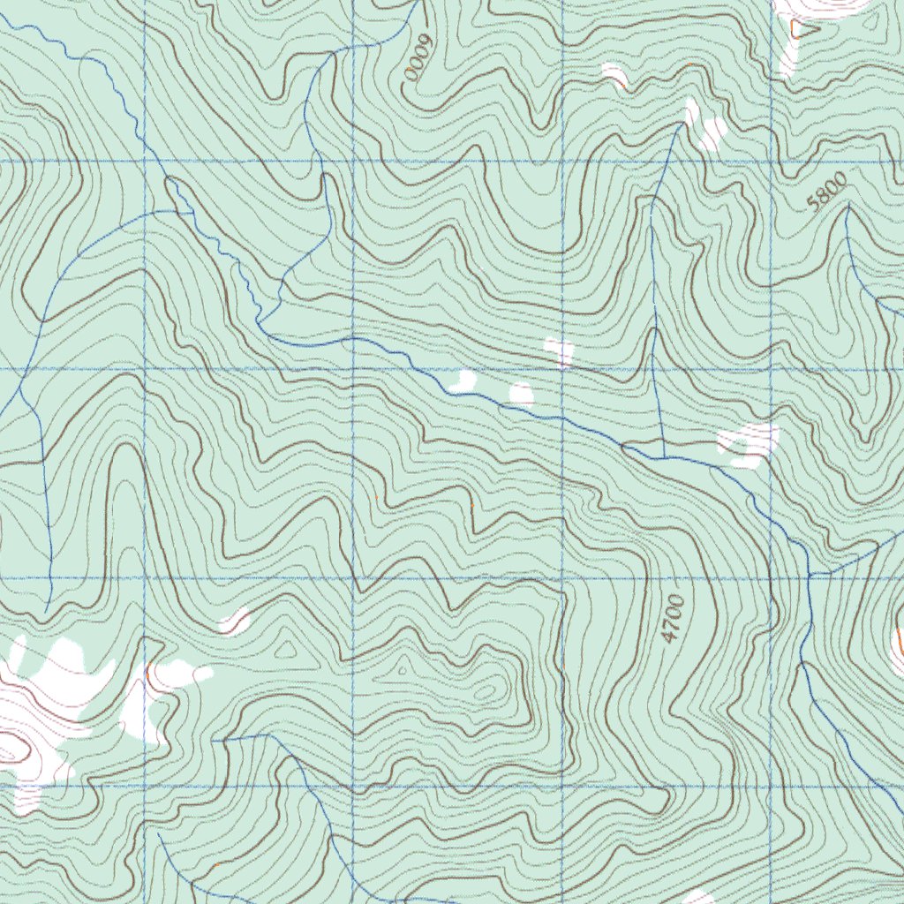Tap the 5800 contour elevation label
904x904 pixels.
coord(826,192)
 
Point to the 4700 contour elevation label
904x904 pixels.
coord(674,619)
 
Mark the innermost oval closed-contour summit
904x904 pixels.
coord(485,692)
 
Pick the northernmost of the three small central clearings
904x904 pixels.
coord(560,351)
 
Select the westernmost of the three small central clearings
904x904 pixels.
coord(463,381)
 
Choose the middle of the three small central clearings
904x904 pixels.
coord(522,394)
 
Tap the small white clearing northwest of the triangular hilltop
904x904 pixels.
coord(235,621)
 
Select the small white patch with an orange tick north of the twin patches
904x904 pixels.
coord(614,75)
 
